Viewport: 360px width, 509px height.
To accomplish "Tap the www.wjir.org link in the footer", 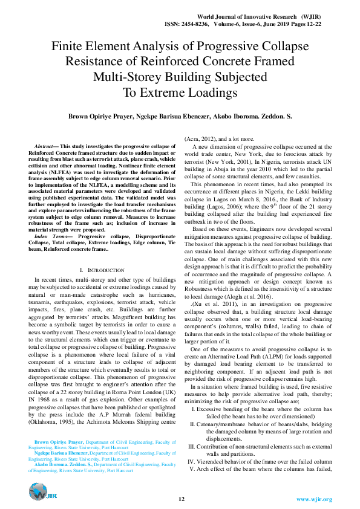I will tap(314, 499).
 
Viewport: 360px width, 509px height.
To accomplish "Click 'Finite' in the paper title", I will tap(70, 47).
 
